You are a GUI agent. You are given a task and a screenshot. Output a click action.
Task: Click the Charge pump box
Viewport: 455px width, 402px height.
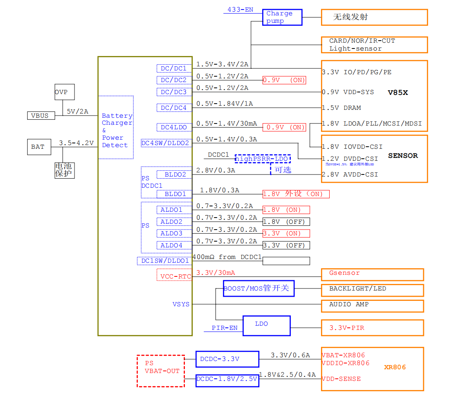click(282, 17)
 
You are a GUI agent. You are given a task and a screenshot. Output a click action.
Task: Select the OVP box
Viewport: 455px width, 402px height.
click(65, 92)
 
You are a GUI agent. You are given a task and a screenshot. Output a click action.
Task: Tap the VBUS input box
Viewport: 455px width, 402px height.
click(40, 116)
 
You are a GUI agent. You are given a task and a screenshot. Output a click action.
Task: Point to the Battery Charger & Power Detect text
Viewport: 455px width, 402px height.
click(116, 130)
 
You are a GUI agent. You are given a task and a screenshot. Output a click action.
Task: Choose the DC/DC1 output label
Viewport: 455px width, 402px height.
click(174, 68)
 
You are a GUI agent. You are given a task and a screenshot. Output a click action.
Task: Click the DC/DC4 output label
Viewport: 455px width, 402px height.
click(174, 108)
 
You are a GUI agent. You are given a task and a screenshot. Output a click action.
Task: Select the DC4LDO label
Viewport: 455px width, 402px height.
click(174, 127)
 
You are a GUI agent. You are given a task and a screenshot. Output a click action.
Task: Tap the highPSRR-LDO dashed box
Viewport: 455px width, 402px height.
click(262, 159)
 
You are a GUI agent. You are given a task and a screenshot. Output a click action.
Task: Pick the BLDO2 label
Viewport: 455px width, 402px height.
click(175, 174)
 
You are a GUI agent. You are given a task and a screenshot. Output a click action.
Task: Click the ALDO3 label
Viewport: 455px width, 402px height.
click(171, 233)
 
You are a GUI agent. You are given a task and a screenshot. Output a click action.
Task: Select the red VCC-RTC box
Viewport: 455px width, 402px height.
click(175, 275)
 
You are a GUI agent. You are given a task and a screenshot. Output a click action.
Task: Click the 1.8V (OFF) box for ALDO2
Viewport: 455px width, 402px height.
click(286, 222)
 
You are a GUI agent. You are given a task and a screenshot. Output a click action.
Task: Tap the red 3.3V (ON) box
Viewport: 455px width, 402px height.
click(286, 233)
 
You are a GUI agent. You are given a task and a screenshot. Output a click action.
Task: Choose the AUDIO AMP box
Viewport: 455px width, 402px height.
click(372, 306)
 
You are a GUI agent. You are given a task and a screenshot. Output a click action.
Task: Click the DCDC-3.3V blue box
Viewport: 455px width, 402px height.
click(227, 359)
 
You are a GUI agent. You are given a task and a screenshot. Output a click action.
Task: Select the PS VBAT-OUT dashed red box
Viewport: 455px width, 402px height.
click(161, 371)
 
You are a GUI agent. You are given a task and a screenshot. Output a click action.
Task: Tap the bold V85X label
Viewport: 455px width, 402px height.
click(398, 92)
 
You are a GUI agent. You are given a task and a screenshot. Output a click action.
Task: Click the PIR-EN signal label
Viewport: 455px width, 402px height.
click(225, 328)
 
